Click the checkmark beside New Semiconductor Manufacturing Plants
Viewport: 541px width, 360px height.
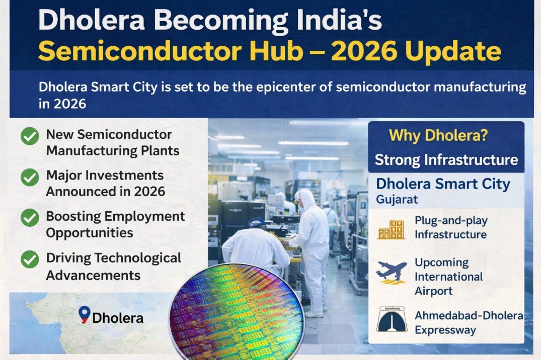(30, 136)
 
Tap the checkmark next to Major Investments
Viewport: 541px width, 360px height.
(30, 176)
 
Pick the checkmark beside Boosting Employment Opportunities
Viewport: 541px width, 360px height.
(30, 218)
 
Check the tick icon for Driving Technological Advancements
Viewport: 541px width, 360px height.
(30, 259)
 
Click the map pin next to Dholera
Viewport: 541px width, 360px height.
(85, 314)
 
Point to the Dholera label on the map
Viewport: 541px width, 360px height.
(118, 318)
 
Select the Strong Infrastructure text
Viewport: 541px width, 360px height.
(446, 160)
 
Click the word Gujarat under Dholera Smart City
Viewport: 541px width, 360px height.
(397, 199)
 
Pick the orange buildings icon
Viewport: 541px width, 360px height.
(391, 229)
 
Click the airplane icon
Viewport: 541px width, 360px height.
(391, 273)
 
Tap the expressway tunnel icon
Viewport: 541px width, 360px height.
(392, 319)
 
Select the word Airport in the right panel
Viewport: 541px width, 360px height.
(433, 291)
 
